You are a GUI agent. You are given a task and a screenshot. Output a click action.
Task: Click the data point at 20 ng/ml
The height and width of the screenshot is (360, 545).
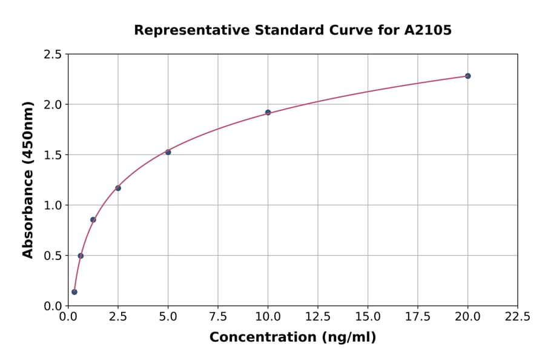click(x=467, y=76)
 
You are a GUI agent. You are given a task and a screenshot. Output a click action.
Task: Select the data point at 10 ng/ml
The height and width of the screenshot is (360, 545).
click(x=268, y=112)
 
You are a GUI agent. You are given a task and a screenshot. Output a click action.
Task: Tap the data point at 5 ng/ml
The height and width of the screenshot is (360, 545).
click(x=168, y=152)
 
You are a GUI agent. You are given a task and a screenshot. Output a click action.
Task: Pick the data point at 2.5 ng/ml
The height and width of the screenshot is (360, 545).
click(x=118, y=188)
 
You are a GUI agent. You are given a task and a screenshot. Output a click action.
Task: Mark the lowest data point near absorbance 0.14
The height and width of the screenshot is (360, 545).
click(x=74, y=292)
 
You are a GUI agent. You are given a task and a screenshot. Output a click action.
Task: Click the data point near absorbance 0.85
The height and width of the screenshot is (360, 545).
click(x=93, y=219)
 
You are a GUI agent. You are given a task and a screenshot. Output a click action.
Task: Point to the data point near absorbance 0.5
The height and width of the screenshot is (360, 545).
click(x=81, y=255)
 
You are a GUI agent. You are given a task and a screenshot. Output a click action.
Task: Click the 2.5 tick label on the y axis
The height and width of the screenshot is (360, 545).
click(x=53, y=55)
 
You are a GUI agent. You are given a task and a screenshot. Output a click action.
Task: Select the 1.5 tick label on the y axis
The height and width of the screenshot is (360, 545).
click(x=53, y=155)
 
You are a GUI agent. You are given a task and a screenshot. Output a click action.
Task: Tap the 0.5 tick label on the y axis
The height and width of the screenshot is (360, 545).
click(x=53, y=256)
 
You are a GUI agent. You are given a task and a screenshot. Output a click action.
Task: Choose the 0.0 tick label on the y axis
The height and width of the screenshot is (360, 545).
click(x=53, y=306)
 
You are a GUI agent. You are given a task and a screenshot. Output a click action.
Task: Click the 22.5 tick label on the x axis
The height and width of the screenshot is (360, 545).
click(x=517, y=317)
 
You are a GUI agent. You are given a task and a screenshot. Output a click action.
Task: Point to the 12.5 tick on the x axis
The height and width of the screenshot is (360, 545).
click(x=318, y=317)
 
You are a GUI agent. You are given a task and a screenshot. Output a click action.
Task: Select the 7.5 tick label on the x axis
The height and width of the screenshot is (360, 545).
click(x=218, y=317)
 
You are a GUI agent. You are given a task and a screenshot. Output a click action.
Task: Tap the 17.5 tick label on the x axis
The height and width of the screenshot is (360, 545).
click(x=417, y=317)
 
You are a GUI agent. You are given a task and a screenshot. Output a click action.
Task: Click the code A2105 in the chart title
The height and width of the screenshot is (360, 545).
click(x=428, y=30)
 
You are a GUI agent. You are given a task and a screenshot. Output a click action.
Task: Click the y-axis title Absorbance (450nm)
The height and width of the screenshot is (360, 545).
click(x=28, y=180)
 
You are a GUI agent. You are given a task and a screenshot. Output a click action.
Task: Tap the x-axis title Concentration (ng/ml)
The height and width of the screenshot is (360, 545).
click(x=292, y=338)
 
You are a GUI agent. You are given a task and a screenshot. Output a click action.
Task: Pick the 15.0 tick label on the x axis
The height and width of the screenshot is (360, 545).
click(x=368, y=317)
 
